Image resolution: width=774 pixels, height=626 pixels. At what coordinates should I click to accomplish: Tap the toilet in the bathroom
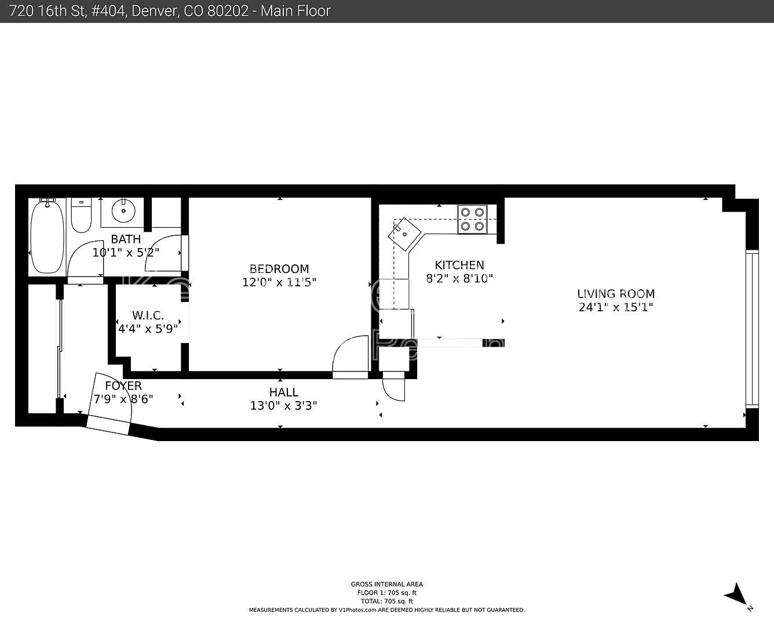coord(81,216)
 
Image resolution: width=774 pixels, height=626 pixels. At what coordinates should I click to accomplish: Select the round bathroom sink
coord(123,211)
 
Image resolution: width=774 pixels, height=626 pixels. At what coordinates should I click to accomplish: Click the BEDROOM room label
coord(279,269)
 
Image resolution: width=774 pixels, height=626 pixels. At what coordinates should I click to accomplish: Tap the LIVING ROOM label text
coord(616,294)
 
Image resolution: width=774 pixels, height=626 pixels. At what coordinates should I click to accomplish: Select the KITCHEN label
coord(459,265)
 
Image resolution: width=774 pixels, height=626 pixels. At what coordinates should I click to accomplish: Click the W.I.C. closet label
coord(148,316)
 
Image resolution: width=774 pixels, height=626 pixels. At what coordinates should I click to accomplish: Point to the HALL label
coord(283,392)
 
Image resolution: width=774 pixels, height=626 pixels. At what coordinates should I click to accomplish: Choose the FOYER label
coord(123,386)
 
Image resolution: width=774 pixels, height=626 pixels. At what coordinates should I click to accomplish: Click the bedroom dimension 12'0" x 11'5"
coord(279,283)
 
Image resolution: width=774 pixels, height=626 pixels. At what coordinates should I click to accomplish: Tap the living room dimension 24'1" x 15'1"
coord(616,308)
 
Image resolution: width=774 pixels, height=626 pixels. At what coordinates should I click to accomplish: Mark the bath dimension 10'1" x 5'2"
coord(126,253)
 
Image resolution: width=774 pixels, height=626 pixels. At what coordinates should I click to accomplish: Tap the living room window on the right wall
coord(751,329)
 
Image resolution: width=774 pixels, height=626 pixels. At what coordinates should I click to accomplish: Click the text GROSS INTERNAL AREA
coord(386,584)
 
